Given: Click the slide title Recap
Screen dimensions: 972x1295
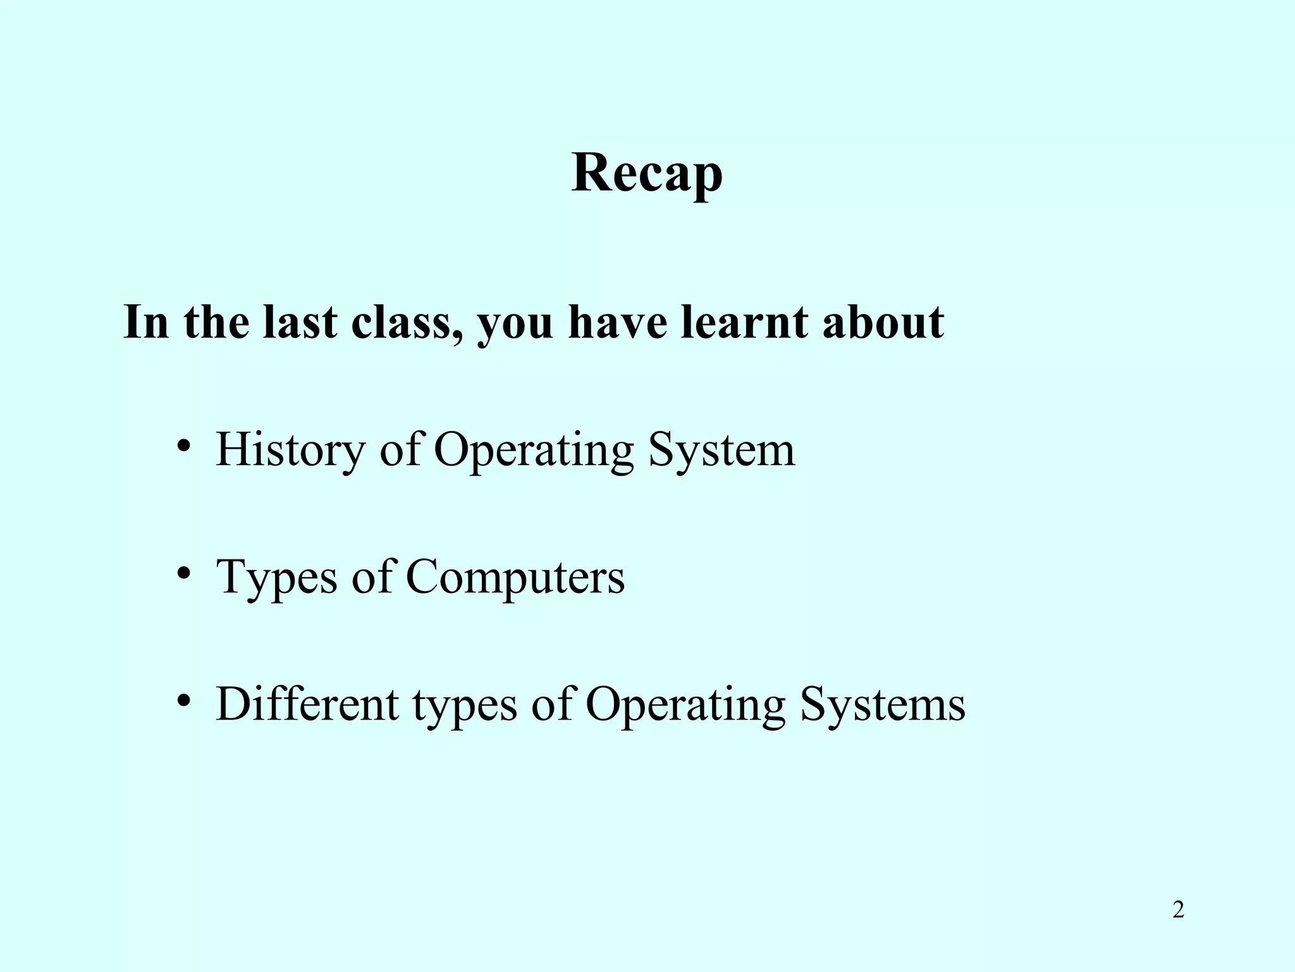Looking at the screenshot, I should tap(647, 174).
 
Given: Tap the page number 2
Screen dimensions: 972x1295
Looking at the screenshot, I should tap(1178, 910).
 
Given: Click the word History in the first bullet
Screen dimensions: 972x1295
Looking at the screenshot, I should tap(290, 450).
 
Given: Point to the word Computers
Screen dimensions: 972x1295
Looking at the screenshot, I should tap(515, 577).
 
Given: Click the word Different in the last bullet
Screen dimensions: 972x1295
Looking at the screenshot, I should tap(307, 704).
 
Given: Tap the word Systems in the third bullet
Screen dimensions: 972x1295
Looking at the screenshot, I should tap(883, 704).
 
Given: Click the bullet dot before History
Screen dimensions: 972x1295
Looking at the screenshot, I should tap(184, 447).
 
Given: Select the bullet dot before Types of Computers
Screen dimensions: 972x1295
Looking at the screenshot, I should tap(184, 574).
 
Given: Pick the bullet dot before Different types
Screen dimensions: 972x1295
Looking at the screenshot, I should tap(184, 701).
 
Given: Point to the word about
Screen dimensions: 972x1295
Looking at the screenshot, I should tap(883, 323).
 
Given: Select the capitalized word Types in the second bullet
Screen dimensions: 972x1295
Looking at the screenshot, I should tap(276, 577).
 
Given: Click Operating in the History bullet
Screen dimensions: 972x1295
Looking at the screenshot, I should tap(533, 450).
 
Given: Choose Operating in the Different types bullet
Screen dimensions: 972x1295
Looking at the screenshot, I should tap(685, 704).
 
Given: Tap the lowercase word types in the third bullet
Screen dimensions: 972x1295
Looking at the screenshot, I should tap(465, 704).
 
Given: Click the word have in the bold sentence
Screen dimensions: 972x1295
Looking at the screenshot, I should tap(617, 323).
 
